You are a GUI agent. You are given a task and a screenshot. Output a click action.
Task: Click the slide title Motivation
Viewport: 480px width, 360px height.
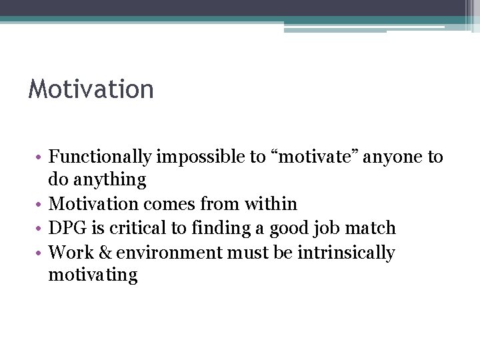coord(91,89)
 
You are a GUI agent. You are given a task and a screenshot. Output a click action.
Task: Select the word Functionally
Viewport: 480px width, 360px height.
coord(101,157)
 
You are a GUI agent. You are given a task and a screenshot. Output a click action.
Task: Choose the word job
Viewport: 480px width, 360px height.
coord(330,228)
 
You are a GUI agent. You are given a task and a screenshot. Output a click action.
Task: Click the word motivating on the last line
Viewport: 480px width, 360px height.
coord(93,275)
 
